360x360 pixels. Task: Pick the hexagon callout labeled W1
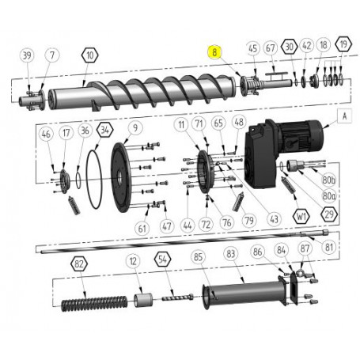pyautogui.click(x=301, y=214)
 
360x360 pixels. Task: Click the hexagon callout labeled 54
pyautogui.click(x=161, y=260)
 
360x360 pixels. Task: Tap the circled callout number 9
pyautogui.click(x=135, y=127)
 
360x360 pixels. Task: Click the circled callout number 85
pyautogui.click(x=198, y=257)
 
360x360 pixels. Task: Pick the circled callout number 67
pyautogui.click(x=271, y=48)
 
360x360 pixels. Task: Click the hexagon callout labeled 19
pyautogui.click(x=343, y=45)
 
